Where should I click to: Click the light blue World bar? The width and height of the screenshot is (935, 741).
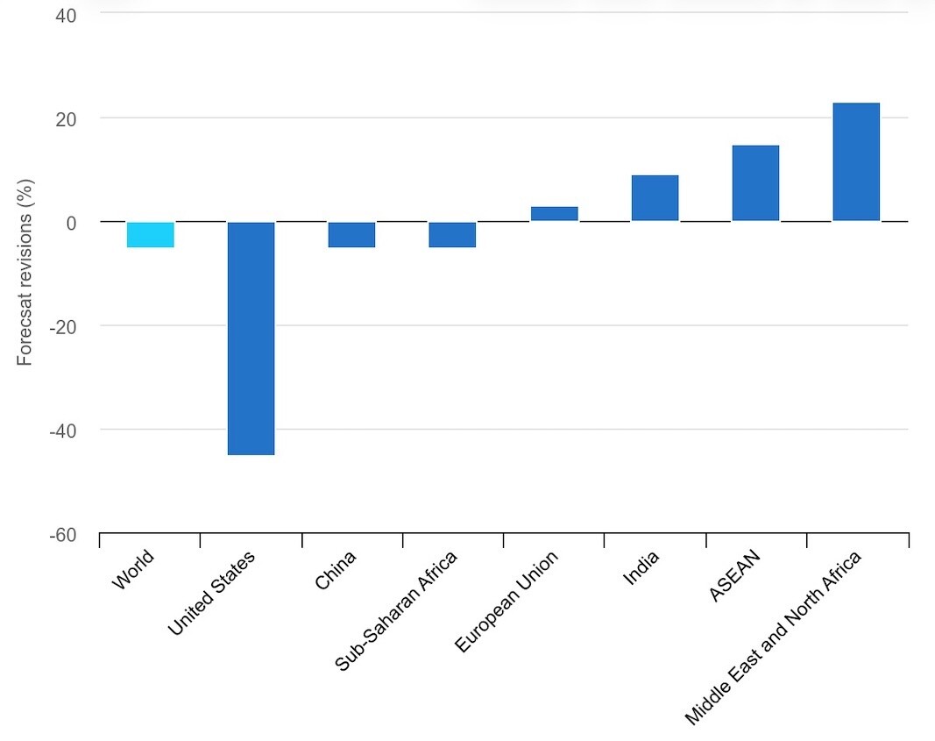150,235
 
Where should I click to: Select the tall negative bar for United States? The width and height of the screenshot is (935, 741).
251,338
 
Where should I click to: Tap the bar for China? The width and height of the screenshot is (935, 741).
351,235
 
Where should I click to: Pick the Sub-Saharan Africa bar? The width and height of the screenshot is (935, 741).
452,235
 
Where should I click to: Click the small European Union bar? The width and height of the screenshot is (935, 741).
554,214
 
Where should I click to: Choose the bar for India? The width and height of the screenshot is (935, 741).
655,198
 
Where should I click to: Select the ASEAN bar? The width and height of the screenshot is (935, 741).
755,183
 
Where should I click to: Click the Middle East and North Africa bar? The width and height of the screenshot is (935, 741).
856,162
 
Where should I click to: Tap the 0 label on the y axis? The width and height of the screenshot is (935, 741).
70,222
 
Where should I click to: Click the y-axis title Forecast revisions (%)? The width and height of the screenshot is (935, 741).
25,273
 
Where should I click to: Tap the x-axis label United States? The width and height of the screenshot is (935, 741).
211,593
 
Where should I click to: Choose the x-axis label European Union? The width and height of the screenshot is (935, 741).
506,601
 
